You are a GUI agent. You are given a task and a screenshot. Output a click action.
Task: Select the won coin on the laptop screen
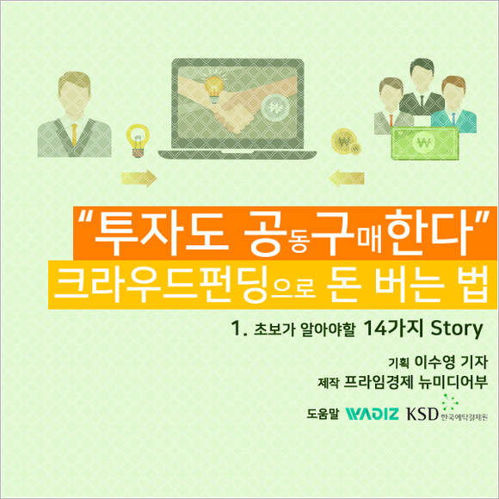click(277, 109)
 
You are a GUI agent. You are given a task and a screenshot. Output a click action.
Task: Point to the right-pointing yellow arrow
click(139, 180)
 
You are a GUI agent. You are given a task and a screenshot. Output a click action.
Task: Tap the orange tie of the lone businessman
click(75, 132)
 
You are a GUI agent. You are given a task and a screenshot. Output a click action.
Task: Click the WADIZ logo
click(372, 411)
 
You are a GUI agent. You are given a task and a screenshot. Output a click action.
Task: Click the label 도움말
click(323, 412)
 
